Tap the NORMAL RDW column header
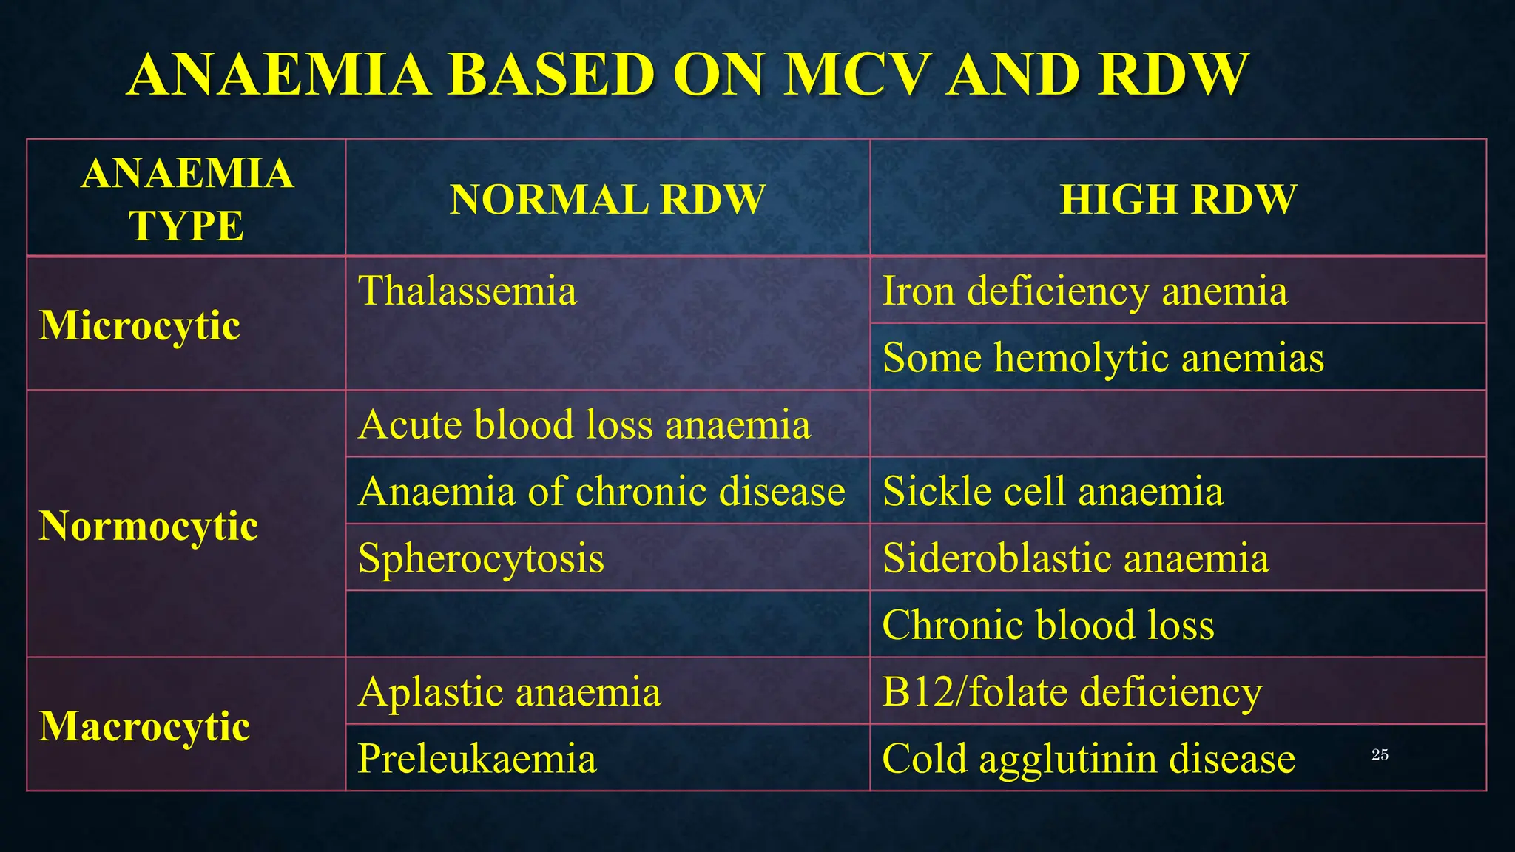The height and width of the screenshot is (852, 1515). point(607,200)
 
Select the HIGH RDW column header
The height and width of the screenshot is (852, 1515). point(1178,200)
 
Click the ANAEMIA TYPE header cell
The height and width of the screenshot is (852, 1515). point(186,200)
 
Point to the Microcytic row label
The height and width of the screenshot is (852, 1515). point(140,325)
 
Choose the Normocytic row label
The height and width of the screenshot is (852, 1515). point(149,526)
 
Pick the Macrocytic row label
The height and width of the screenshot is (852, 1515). point(145,726)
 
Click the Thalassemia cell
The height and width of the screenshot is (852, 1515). point(468,291)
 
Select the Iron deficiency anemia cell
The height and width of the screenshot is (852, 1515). point(1084,291)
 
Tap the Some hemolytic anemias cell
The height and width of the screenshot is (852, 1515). point(1103,358)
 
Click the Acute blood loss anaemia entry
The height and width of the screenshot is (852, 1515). point(584,425)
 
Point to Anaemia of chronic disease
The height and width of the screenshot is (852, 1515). point(601,491)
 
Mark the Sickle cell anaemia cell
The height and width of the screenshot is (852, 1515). point(1053,491)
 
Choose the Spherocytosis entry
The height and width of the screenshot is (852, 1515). point(481,558)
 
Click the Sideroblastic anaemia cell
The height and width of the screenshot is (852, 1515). point(1076,558)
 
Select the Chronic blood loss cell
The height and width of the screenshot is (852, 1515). point(1048,625)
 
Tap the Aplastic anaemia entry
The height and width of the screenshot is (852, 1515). point(509,692)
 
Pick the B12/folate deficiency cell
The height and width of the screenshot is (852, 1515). point(1072,692)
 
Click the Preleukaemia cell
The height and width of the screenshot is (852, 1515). point(477,758)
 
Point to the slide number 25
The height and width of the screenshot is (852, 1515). point(1380,754)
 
